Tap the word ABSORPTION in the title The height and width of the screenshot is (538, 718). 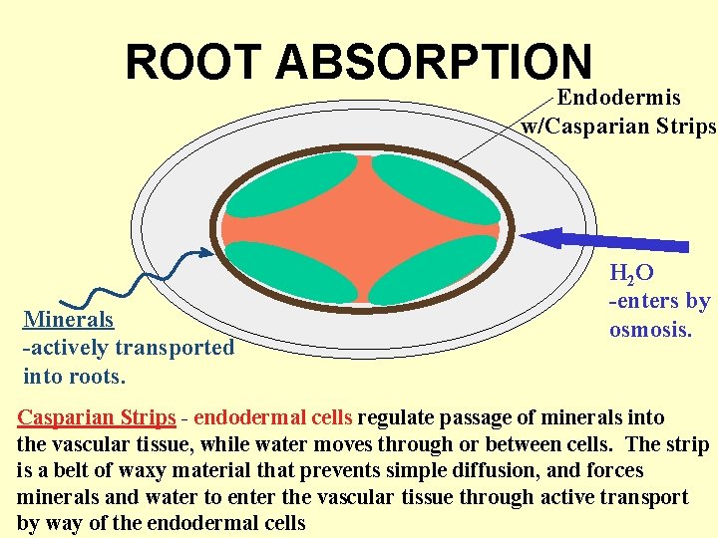tap(434, 63)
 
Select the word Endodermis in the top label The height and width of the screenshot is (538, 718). tap(618, 98)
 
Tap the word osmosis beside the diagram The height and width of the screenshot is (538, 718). tap(649, 329)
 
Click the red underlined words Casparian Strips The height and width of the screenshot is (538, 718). tap(97, 417)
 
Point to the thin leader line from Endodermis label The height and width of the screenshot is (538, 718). tap(504, 128)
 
